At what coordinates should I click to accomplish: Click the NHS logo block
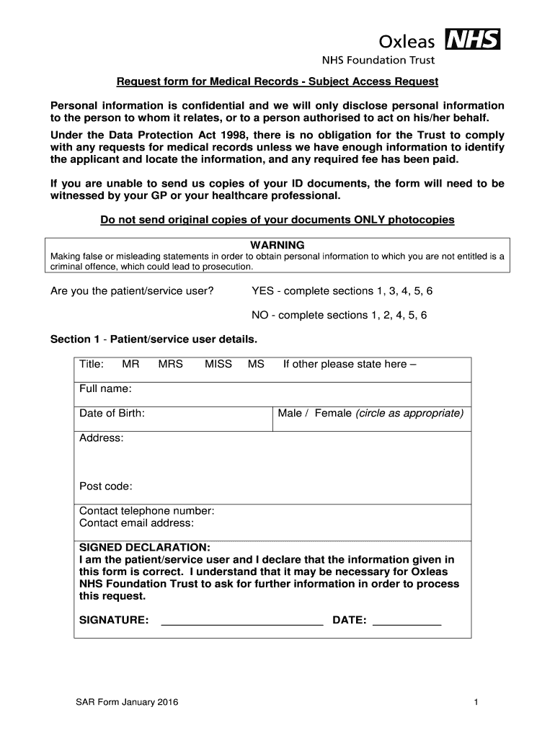pos(473,39)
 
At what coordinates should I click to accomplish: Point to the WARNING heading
pos(277,245)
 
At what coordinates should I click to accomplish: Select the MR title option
pos(130,364)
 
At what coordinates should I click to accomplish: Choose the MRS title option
pos(171,364)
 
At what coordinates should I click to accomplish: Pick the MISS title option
pos(218,364)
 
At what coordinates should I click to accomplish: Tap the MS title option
pos(256,364)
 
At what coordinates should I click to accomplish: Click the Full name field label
pos(105,389)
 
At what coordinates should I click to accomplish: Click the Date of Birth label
pos(112,413)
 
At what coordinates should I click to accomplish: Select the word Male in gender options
pos(290,413)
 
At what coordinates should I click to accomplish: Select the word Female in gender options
pos(333,413)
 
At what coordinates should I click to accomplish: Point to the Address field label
pos(101,437)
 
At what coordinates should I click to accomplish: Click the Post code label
pos(105,486)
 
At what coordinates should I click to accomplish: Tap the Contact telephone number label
pos(146,511)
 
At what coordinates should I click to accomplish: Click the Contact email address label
pos(136,523)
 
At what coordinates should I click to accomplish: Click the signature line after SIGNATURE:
pos(241,621)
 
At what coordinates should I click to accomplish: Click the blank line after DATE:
pos(407,621)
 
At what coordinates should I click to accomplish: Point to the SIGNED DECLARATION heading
pos(144,547)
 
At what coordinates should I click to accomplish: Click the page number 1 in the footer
pos(476,702)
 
